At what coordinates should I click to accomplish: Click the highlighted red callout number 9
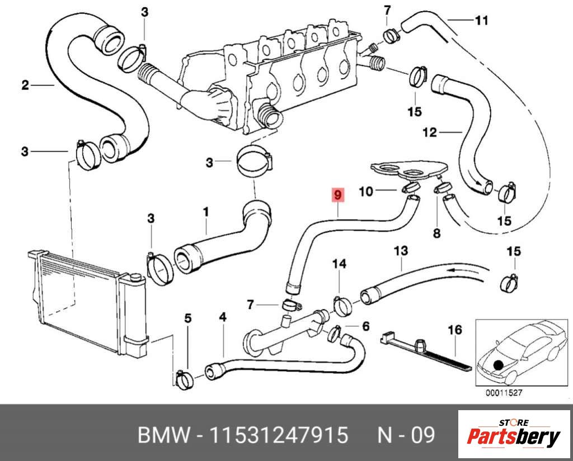pos(337,195)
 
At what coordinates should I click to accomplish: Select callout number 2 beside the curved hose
pos(25,85)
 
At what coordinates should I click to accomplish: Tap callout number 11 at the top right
pos(482,21)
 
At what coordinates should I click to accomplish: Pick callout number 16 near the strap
pos(455,330)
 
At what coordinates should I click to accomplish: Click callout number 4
pos(223,317)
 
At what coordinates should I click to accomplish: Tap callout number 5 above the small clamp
pos(188,318)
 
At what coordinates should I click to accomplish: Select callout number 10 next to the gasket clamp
pos(365,192)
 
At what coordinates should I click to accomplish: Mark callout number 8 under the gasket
pos(436,232)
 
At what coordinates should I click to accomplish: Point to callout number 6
pos(366,326)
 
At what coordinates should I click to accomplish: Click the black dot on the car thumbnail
pos(498,365)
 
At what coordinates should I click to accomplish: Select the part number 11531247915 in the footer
pos(279,435)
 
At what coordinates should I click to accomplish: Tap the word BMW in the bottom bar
pos(161,435)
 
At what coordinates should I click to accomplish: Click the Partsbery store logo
pos(513,434)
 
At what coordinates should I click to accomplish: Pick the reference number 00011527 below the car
pos(504,393)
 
